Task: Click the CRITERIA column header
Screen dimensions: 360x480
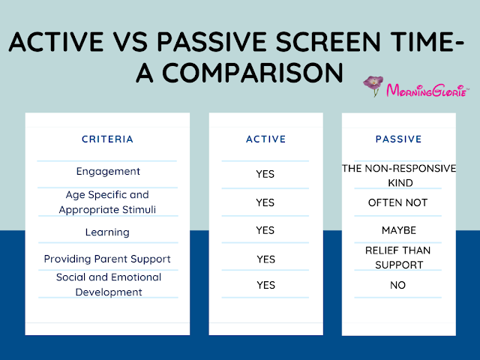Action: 107,139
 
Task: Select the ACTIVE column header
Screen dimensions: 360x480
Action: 265,139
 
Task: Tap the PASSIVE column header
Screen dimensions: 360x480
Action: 398,139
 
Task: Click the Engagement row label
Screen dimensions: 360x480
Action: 107,172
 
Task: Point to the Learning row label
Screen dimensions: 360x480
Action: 107,232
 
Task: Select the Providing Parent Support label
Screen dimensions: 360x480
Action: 107,259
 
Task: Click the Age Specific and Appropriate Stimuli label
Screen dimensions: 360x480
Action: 107,202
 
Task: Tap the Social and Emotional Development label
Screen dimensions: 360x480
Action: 108,285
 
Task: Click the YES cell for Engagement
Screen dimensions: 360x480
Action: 265,174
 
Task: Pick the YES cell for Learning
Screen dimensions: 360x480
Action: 265,231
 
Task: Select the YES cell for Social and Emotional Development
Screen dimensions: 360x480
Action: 265,285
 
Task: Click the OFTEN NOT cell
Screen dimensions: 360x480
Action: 397,202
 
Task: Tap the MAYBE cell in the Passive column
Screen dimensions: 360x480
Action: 398,230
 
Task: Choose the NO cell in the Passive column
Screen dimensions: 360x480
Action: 398,285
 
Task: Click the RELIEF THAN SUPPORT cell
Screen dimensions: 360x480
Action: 398,257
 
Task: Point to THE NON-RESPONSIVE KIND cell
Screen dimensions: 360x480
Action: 398,175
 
